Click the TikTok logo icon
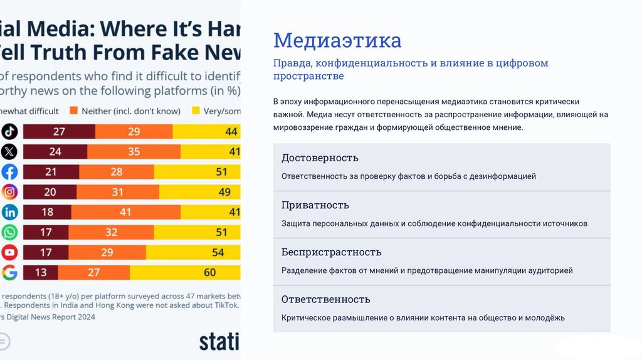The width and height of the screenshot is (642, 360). [x=9, y=132]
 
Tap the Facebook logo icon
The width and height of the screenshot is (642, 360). [x=9, y=172]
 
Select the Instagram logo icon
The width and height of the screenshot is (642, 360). [x=9, y=192]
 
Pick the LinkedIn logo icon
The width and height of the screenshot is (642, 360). [x=9, y=212]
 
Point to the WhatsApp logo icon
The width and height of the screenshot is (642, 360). [x=9, y=232]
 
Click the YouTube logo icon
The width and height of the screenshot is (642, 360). [x=9, y=252]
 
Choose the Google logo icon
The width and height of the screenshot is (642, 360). [x=9, y=272]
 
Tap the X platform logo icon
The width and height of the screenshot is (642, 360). [x=9, y=152]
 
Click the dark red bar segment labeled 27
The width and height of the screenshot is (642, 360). [x=59, y=132]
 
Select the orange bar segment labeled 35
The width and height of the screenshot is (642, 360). [x=134, y=152]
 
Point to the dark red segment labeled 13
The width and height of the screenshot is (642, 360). [x=41, y=272]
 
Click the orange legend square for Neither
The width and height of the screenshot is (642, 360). [x=73, y=111]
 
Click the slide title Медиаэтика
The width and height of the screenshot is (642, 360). [x=337, y=41]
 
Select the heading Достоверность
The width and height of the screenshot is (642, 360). [x=320, y=158]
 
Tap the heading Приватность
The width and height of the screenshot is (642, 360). [x=315, y=205]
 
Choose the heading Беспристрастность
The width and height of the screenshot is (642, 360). [x=332, y=252]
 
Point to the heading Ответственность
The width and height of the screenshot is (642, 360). [x=326, y=299]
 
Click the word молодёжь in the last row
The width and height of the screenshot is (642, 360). [x=545, y=318]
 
